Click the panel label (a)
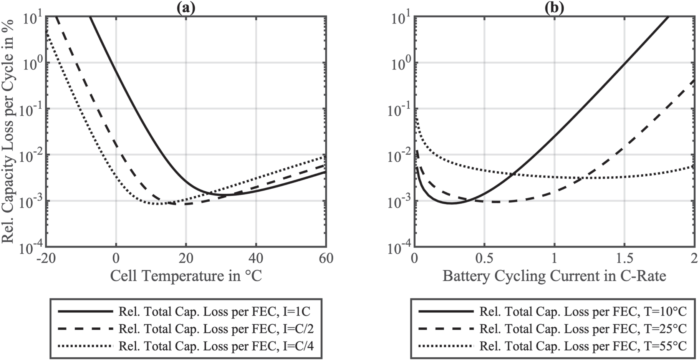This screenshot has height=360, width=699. (186, 8)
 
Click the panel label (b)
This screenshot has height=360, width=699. (554, 8)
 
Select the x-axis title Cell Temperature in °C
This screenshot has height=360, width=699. (186, 276)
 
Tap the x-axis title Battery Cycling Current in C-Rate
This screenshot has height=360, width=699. (554, 276)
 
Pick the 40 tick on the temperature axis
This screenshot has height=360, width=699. (256, 259)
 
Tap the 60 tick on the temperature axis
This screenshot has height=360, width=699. (326, 259)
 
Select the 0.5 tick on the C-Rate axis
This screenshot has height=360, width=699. (484, 259)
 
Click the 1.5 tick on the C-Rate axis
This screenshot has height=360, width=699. (624, 259)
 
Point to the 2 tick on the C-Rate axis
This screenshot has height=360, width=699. (694, 259)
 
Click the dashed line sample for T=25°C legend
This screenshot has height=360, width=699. (446, 329)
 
